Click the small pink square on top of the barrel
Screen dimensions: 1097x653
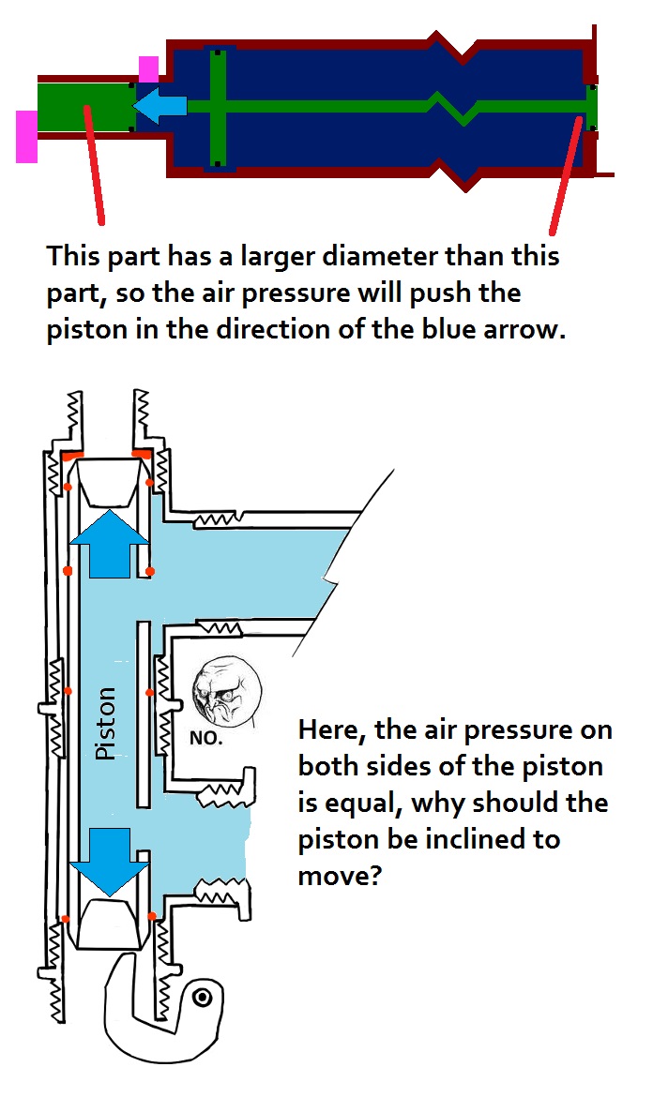tap(148, 68)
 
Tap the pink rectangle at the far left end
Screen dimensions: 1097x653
tap(26, 136)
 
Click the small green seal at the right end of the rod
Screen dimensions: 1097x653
tap(591, 107)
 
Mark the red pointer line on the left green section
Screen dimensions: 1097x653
tap(94, 164)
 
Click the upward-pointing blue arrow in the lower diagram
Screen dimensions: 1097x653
tap(109, 545)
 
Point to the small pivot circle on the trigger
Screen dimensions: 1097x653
tap(201, 999)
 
